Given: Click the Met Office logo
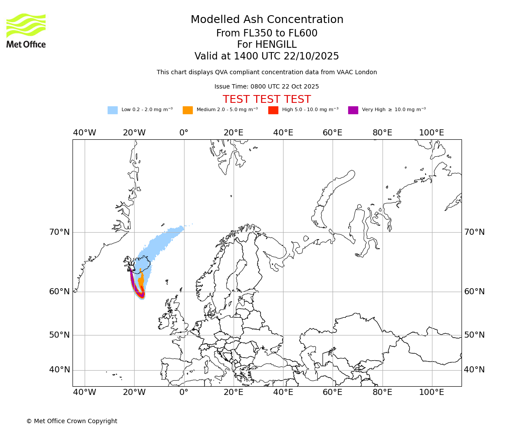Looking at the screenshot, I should [26, 30].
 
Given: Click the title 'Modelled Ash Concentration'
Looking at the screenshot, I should [267, 20].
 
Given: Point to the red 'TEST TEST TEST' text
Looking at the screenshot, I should [267, 99].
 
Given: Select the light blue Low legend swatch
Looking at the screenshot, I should [112, 110].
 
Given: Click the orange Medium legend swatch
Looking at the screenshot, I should [188, 110].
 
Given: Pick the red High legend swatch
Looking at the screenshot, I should [273, 110].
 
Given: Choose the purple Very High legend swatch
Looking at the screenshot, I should [353, 110].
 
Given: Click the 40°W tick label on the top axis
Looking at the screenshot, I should [85, 133].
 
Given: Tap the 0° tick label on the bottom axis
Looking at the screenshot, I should [184, 392].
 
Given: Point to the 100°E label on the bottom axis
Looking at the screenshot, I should [432, 392].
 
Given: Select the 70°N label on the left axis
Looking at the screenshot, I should [59, 232].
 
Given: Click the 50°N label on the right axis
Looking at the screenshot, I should [474, 335].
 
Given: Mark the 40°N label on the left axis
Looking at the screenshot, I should [59, 370].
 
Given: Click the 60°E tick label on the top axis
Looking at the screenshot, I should [333, 133].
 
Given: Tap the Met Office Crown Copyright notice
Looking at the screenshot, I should [72, 421].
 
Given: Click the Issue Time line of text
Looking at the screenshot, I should [267, 86].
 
